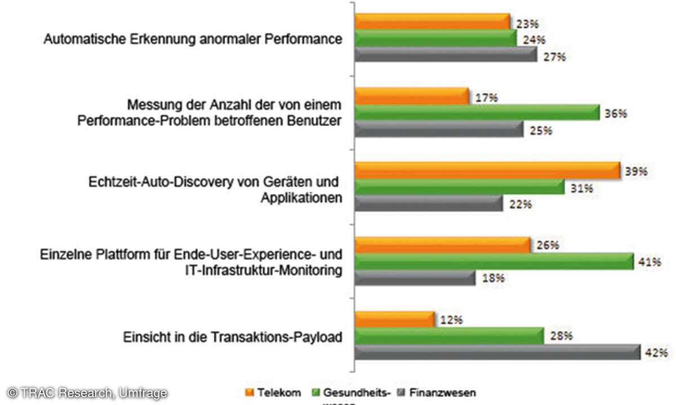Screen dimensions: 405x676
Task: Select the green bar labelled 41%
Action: point(493,262)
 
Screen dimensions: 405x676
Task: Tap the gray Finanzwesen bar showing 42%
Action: point(497,353)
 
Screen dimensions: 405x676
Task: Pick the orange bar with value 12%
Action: point(394,319)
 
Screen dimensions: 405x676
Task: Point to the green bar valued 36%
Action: point(477,113)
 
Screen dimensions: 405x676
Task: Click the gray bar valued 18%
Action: point(415,278)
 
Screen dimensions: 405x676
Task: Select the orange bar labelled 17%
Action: point(412,97)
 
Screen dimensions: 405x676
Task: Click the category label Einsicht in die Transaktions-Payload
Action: point(233,337)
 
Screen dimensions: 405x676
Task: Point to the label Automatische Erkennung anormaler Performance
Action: point(193,40)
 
